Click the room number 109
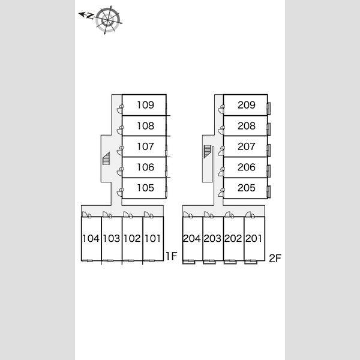[x=145, y=105]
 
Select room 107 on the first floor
[x=145, y=146]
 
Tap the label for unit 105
[x=145, y=188]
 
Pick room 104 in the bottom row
[x=91, y=238]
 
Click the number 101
[x=152, y=238]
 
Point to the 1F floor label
[x=172, y=256]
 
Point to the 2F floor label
[x=275, y=258]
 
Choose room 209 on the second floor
[x=247, y=105]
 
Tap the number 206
[x=247, y=167]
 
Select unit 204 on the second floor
[x=192, y=238]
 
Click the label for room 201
[x=254, y=238]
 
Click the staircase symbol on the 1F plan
[x=106, y=158]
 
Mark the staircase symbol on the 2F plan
[x=208, y=152]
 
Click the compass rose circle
[x=108, y=20]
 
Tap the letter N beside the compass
[x=91, y=16]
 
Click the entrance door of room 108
[x=120, y=130]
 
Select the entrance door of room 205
[x=221, y=193]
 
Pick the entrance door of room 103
[x=107, y=215]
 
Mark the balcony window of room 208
[x=269, y=129]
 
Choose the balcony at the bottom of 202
[x=230, y=262]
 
